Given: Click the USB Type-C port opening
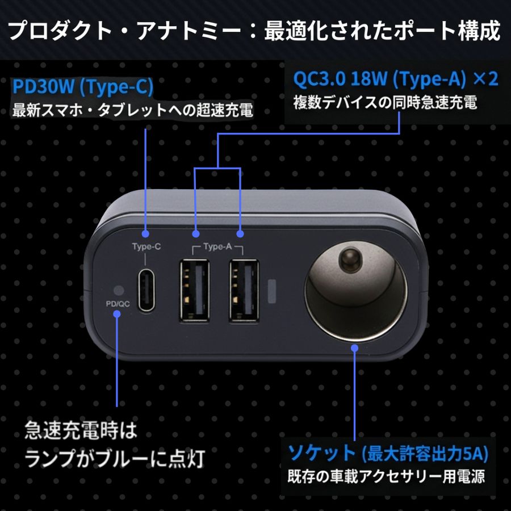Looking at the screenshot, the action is [x=146, y=290].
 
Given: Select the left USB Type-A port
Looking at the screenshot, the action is [x=195, y=290].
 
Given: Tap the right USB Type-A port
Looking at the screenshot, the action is [x=244, y=290].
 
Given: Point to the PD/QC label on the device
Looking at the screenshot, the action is [x=118, y=304].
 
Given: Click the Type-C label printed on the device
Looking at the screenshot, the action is [x=146, y=246].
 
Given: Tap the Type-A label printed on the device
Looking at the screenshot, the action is [x=217, y=246].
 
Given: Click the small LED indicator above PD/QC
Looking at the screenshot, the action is [x=118, y=290].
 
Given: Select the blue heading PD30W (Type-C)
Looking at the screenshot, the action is [x=83, y=87].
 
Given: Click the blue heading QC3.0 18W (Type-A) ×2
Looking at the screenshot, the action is [x=396, y=78].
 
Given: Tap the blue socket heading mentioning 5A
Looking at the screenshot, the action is [x=388, y=453].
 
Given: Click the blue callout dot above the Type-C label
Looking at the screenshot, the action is [x=146, y=234].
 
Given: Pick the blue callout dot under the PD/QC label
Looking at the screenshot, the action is [x=117, y=314].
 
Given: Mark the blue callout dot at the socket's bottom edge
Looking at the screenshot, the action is [x=355, y=348].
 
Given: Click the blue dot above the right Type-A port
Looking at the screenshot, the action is [x=240, y=234].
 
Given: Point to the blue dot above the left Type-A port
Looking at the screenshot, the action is [x=195, y=234].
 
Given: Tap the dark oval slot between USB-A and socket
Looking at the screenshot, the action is [x=272, y=291].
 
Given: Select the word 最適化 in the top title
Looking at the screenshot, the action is [x=294, y=31].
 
